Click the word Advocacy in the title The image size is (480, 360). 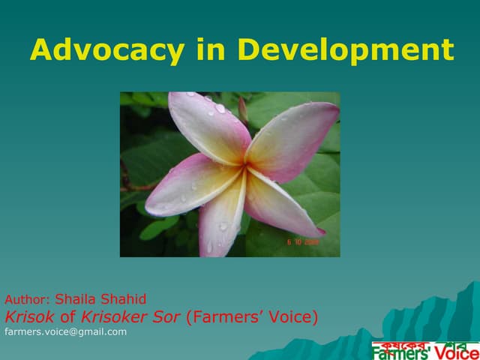(x=107, y=50)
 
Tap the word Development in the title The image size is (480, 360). (x=345, y=50)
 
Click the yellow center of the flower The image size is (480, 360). (x=241, y=166)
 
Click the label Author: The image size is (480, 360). (x=28, y=299)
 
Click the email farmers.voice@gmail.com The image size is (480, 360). (x=66, y=331)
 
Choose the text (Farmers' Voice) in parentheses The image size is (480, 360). (x=252, y=316)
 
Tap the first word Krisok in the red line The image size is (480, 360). (x=28, y=316)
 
